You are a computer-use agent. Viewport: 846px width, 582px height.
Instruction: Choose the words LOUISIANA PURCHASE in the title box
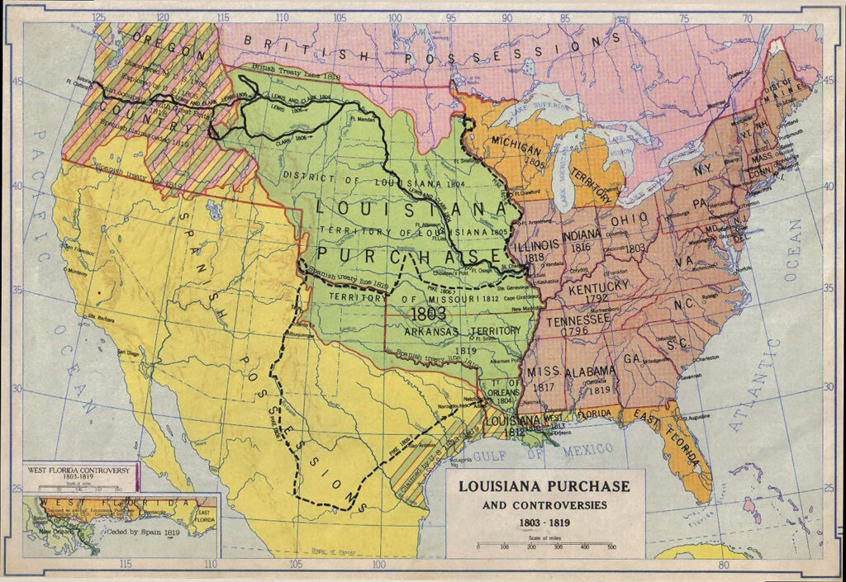pyautogui.click(x=544, y=486)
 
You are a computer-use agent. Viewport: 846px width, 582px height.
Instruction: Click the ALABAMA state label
pyautogui.click(x=592, y=371)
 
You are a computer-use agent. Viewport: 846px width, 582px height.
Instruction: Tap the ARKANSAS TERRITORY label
pyautogui.click(x=465, y=330)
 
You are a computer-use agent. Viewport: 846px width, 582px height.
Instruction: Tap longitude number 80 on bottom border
pyautogui.click(x=723, y=565)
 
